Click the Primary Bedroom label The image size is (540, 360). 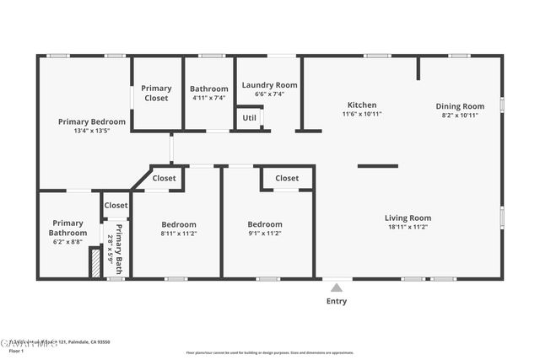click(92, 121)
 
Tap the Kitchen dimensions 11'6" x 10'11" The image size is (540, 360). click(362, 114)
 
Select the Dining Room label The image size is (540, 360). click(460, 106)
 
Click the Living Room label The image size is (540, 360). click(408, 218)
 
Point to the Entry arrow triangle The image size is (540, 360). click(337, 287)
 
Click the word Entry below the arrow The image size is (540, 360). click(337, 301)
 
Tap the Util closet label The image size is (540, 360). click(250, 118)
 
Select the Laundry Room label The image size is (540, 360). click(269, 85)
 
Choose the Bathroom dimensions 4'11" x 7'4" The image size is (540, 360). click(208, 99)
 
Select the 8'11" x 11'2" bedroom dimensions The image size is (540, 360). click(179, 234)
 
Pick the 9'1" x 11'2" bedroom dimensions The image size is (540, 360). click(265, 234)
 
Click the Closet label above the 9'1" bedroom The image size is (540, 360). click(287, 178)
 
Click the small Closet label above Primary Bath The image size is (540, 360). click(116, 205)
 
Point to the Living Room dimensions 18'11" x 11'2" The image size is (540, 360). click(408, 227)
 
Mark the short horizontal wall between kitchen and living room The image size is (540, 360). click(377, 166)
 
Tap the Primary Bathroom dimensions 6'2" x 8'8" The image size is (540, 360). click(67, 242)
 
